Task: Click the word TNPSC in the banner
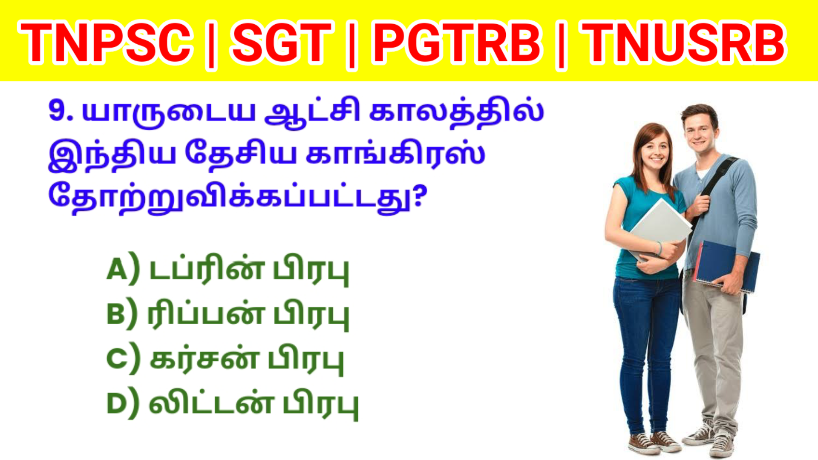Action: [105, 43]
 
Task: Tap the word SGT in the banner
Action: [282, 43]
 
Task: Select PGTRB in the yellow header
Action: [457, 43]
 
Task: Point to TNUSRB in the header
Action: [683, 43]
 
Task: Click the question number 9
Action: [61, 112]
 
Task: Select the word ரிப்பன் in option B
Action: [206, 314]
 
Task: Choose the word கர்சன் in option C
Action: [204, 359]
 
